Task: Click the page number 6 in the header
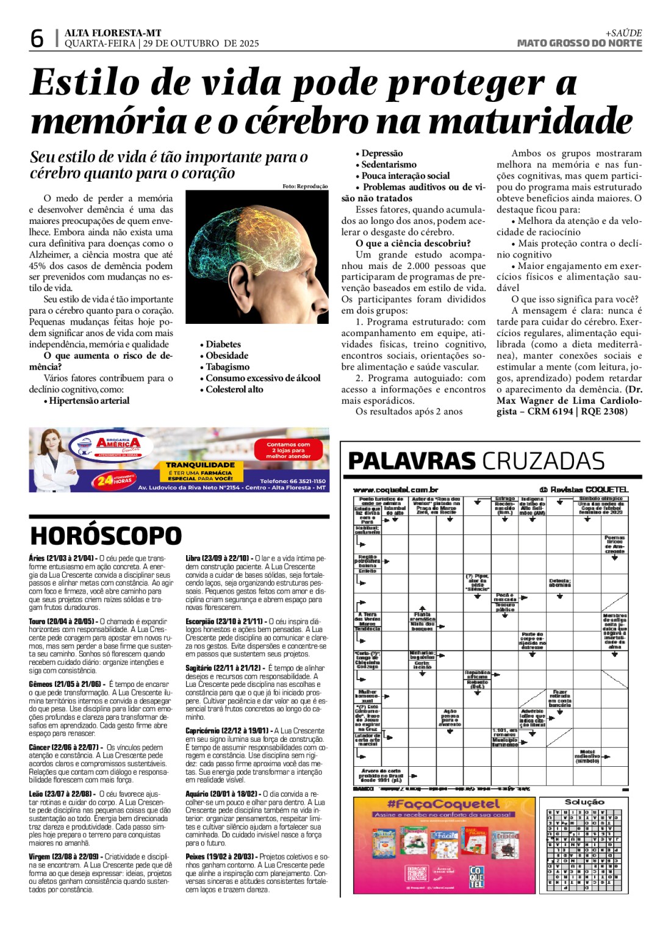click(37, 38)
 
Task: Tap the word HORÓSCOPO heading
click(106, 536)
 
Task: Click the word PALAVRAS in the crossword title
click(411, 461)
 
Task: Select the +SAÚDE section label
click(623, 33)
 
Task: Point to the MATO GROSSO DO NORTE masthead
click(579, 43)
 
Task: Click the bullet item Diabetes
click(223, 345)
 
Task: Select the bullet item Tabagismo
click(227, 367)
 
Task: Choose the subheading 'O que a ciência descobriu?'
click(413, 243)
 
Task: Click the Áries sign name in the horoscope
click(37, 558)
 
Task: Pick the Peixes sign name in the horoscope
click(195, 857)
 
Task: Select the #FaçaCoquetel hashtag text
click(443, 804)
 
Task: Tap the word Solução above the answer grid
click(584, 802)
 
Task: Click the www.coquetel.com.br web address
click(395, 490)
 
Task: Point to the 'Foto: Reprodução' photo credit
click(305, 187)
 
